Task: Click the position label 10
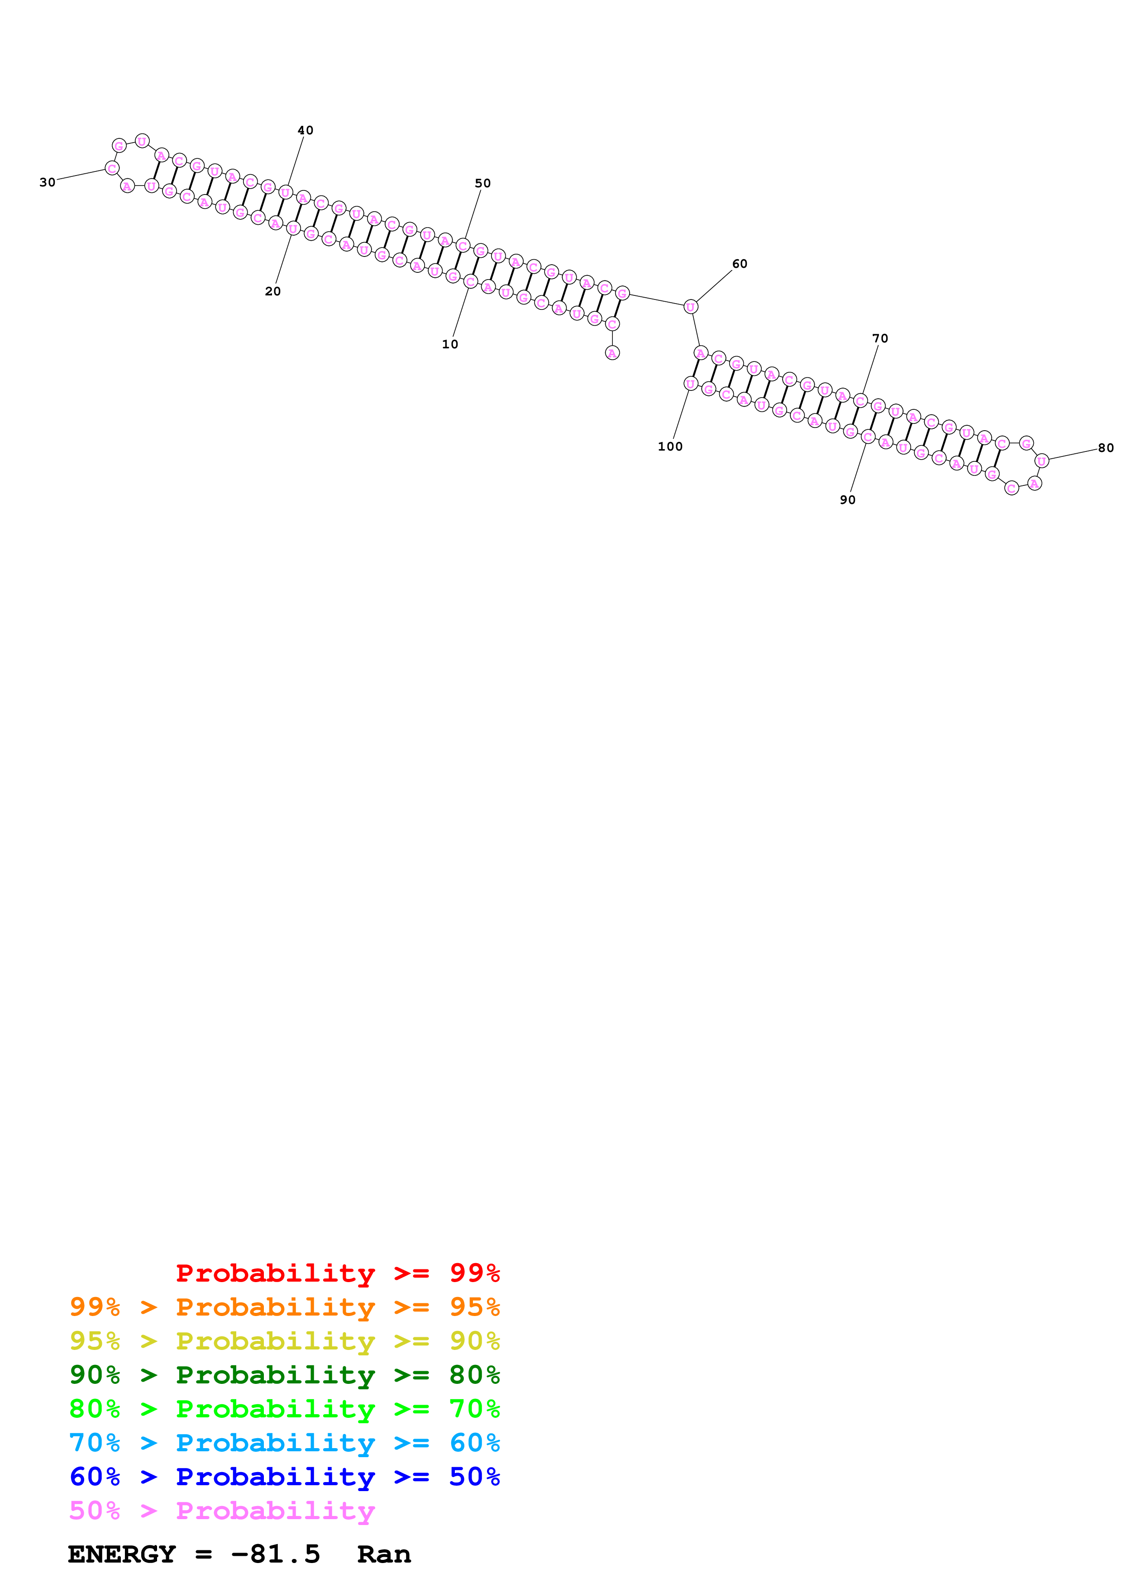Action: [449, 344]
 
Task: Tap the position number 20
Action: [272, 292]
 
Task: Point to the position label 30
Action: [47, 182]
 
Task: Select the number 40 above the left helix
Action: [305, 131]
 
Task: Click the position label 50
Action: [482, 183]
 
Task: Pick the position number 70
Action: [879, 339]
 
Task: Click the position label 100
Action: [670, 447]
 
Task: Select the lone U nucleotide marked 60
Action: [690, 307]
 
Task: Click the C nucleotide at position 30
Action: [112, 168]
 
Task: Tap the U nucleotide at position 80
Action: [1041, 461]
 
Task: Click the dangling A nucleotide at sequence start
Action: [612, 353]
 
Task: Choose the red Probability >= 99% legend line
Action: [337, 1273]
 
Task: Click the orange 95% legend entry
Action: [284, 1307]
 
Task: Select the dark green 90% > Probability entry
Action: [284, 1375]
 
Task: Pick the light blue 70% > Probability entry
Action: [284, 1443]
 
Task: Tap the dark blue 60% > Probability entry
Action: [284, 1477]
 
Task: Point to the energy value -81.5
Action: [275, 1554]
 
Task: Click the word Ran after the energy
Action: [384, 1554]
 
